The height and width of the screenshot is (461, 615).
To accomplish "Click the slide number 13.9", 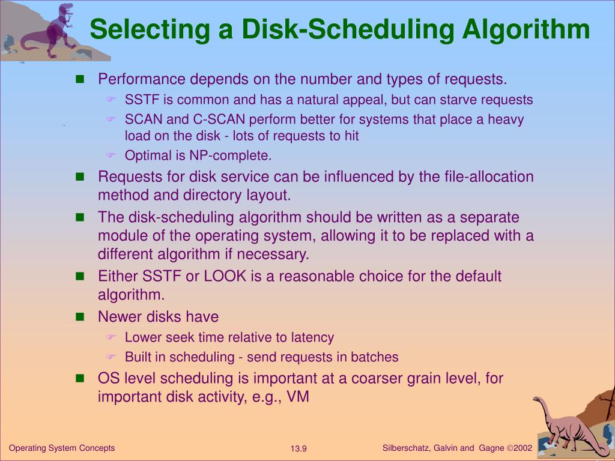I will [x=298, y=449].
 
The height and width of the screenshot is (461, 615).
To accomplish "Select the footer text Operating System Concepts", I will [x=62, y=448].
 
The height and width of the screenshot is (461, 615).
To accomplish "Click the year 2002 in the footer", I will [x=523, y=448].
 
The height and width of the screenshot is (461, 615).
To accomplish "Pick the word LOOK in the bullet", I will [x=224, y=277].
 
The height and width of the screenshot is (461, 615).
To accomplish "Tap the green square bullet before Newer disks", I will [x=80, y=317].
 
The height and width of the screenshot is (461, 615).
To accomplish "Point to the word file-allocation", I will [x=483, y=177].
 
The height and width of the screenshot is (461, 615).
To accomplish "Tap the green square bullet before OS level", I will [x=80, y=379].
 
